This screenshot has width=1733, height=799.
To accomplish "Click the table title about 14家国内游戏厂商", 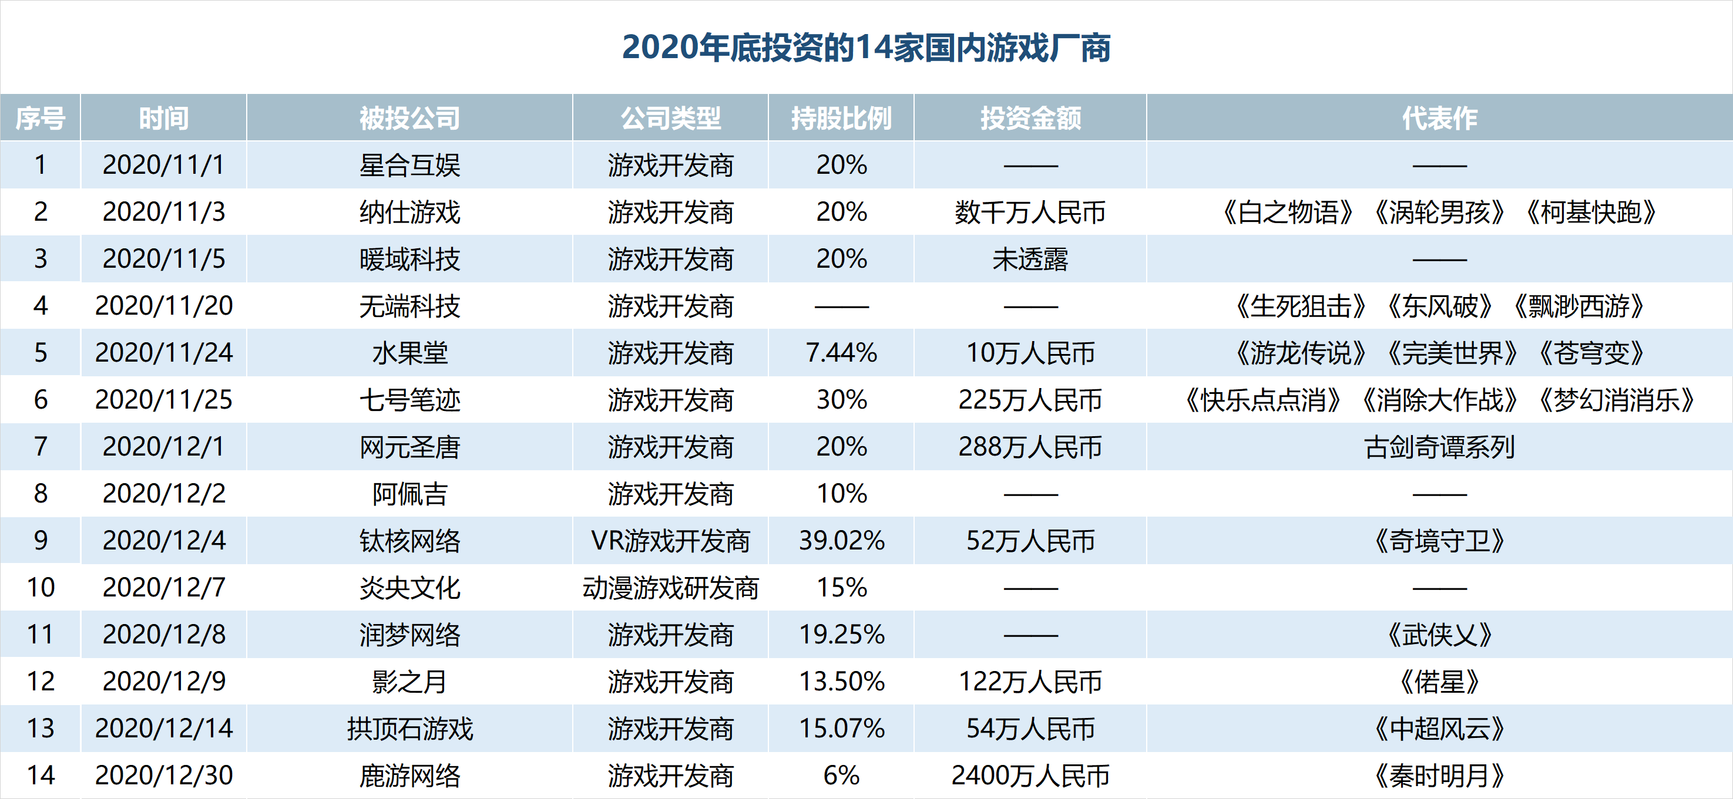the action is (866, 48).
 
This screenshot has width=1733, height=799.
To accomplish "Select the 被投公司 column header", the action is (409, 119).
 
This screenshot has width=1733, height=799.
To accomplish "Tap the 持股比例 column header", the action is (842, 119).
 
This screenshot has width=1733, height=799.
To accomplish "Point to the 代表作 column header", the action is (1440, 119).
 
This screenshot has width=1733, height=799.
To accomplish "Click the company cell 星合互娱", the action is (409, 166).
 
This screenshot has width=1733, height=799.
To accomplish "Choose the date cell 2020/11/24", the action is (164, 353).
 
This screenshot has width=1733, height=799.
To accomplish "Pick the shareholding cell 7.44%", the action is (842, 353).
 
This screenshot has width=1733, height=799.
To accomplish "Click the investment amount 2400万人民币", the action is (1030, 776).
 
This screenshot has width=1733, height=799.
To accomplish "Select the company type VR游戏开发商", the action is (671, 541).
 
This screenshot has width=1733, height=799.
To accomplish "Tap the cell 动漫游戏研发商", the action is (671, 588).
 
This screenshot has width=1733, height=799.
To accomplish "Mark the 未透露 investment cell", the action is (1030, 259).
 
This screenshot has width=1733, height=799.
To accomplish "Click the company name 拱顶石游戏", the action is (409, 729).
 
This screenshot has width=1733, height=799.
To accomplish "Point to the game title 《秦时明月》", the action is (1440, 776).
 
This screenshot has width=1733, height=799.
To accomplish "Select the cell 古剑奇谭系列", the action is (1440, 447).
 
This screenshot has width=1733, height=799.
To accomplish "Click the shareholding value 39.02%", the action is (842, 541).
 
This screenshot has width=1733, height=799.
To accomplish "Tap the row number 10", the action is (41, 588).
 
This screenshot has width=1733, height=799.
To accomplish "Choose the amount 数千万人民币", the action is (1030, 213).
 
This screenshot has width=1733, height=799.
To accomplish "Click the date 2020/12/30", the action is (164, 776).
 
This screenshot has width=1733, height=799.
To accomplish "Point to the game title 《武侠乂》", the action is (1440, 635).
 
